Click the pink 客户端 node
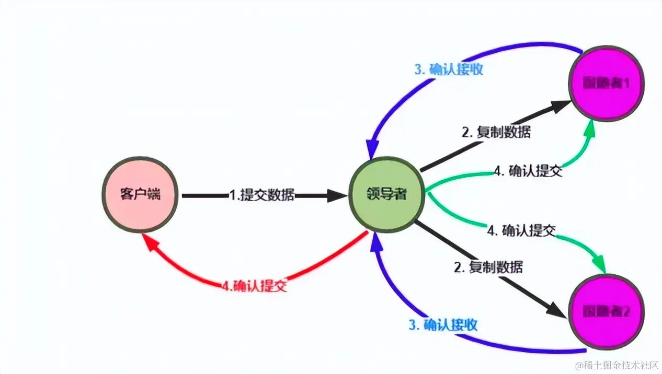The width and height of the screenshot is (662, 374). [140, 195]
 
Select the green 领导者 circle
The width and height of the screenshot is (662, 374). [386, 195]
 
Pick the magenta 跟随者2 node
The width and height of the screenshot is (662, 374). [606, 312]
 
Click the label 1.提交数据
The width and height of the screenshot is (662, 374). [261, 196]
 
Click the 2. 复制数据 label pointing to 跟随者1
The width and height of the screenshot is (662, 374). [496, 132]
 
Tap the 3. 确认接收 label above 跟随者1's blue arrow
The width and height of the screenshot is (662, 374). [449, 69]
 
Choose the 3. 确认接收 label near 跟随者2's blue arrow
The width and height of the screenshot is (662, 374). [443, 325]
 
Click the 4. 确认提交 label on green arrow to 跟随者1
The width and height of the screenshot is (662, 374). [528, 171]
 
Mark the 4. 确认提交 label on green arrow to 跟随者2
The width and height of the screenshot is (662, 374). [521, 230]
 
